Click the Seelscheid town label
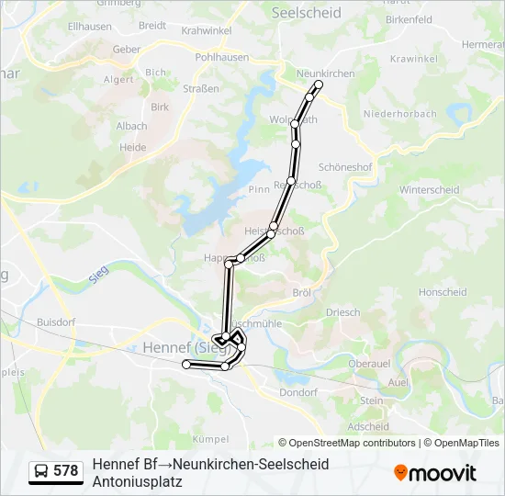306,13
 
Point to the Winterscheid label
429,190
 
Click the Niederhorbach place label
399,114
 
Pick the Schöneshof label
344,168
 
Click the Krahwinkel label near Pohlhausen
208,30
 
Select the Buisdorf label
56,322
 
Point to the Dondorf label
297,392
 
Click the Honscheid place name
443,292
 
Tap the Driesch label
342,312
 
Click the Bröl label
302,292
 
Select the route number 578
66,471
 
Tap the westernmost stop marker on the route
187,365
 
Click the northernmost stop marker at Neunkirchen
319,85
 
